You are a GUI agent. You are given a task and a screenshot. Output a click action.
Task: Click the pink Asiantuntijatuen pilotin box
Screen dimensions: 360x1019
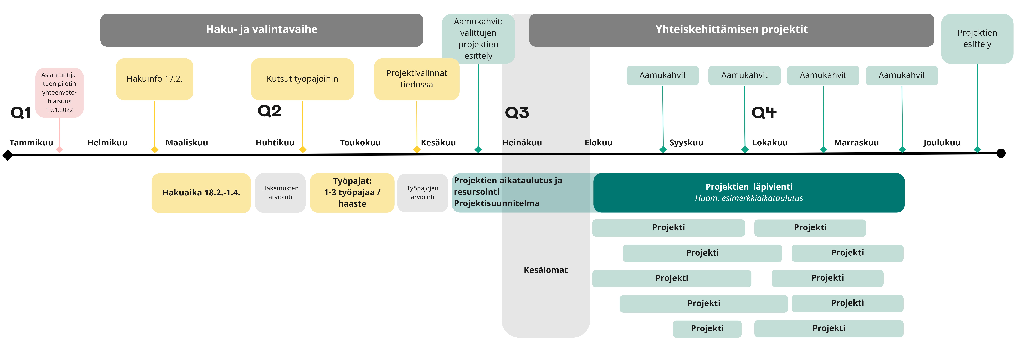(x=59, y=92)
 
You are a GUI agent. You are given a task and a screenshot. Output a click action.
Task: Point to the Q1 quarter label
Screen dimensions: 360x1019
(x=21, y=113)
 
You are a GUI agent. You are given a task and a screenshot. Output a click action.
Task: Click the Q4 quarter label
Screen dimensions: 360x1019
(x=764, y=113)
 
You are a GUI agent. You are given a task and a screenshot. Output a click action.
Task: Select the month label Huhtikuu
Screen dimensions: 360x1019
(x=275, y=142)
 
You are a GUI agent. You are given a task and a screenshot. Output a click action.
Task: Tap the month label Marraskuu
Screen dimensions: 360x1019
(x=856, y=142)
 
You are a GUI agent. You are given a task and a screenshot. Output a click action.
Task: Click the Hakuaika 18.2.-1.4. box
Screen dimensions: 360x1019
(x=201, y=193)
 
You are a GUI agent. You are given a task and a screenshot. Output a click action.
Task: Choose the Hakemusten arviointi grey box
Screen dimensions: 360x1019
(x=280, y=193)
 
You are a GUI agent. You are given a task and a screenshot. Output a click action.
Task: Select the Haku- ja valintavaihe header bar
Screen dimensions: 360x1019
(x=261, y=30)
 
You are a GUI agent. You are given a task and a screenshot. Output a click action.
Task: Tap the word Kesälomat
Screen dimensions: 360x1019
(x=545, y=270)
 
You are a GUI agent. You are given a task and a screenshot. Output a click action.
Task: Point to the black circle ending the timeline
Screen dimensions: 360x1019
(x=1001, y=153)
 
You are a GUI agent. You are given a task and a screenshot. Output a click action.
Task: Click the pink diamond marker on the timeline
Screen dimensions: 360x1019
(x=59, y=150)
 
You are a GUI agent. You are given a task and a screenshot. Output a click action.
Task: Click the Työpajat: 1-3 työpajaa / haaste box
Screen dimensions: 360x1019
(x=352, y=193)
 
